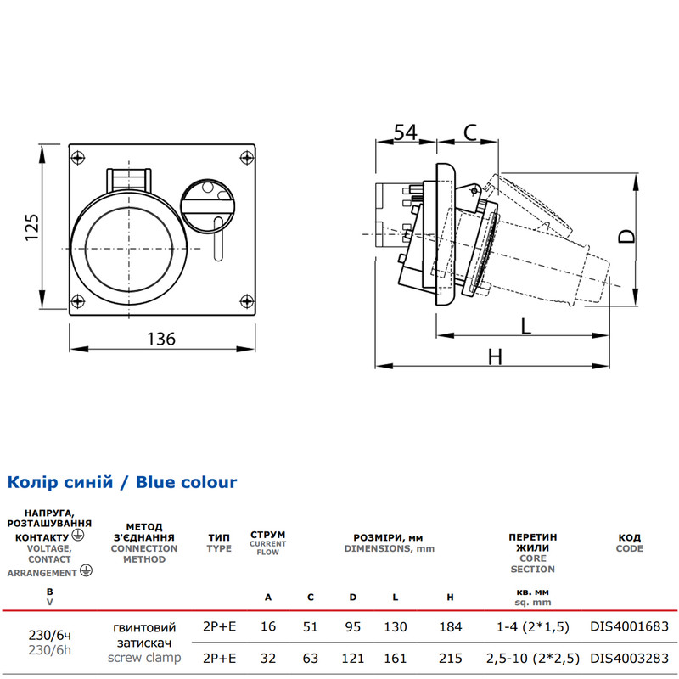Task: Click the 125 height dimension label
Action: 32,227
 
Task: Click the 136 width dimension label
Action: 161,339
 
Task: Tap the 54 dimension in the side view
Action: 406,132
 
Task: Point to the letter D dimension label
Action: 626,236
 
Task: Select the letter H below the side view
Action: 495,357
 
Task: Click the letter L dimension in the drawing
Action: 525,326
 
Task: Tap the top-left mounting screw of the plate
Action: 78,157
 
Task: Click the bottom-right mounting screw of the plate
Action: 247,300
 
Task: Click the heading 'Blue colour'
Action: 186,482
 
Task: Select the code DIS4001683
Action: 629,626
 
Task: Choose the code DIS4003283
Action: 629,659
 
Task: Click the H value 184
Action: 451,626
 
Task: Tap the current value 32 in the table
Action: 268,659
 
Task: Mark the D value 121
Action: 352,659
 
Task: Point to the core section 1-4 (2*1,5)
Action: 533,626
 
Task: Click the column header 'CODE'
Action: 629,548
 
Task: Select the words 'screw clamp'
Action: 144,657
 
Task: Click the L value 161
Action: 395,659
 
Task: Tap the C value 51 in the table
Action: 310,626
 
